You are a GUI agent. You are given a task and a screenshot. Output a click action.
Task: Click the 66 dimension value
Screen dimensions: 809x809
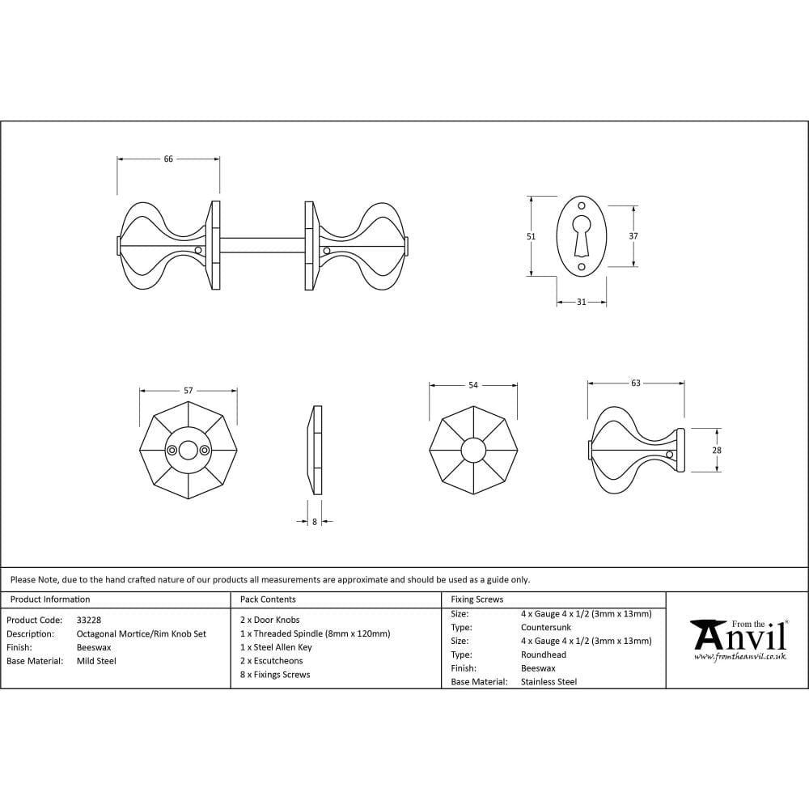[168, 159]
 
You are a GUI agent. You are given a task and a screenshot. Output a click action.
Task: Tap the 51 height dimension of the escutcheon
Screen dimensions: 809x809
[531, 236]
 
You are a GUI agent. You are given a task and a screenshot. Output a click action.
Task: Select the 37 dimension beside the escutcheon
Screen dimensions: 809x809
[633, 235]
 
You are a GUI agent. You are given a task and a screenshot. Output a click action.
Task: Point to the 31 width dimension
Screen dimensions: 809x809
[581, 302]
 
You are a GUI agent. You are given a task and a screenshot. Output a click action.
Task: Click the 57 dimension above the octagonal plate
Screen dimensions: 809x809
[188, 391]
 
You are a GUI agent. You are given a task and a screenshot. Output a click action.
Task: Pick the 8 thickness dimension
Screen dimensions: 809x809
[315, 522]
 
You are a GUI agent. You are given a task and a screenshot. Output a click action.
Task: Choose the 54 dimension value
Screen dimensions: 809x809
[473, 385]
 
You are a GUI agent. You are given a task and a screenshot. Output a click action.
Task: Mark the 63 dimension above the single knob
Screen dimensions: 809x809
[636, 383]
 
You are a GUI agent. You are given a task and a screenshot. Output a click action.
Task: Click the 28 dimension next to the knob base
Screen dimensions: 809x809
[717, 450]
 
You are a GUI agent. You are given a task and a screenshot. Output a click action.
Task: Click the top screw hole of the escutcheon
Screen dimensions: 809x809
[582, 205]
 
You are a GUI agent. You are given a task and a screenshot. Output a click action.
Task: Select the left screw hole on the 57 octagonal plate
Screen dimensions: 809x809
[172, 451]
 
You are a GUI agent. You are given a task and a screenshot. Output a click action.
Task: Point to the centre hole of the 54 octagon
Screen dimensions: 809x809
[473, 450]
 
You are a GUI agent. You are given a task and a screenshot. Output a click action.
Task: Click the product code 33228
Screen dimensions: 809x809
[89, 621]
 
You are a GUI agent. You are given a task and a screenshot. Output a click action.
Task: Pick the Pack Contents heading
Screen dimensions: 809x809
[268, 599]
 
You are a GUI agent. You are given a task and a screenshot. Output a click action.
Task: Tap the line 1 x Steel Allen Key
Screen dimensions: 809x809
[276, 647]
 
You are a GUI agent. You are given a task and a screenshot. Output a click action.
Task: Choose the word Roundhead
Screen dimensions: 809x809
[544, 654]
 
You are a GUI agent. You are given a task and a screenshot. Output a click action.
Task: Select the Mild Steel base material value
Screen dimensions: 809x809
[96, 661]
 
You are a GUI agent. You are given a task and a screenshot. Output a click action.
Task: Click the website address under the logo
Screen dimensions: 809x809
[740, 657]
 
